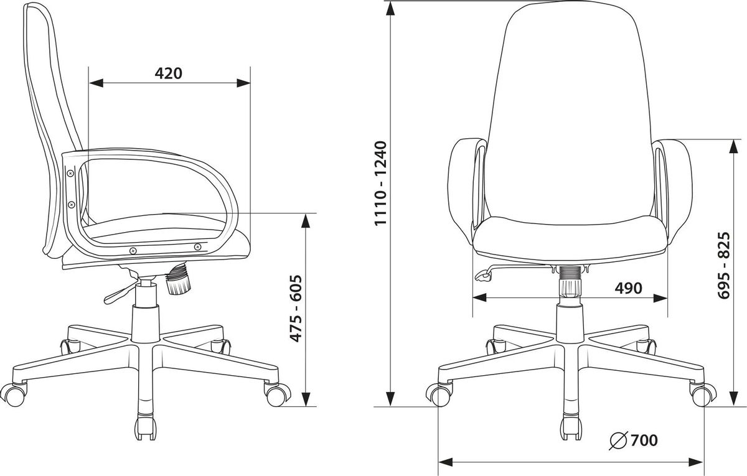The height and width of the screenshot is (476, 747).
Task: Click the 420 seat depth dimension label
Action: pos(169,73)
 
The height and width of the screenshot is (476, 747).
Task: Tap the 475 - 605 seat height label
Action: pos(296,309)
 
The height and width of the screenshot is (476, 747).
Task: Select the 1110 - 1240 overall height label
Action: pos(380,184)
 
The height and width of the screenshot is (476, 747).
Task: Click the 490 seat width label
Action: pos(628,288)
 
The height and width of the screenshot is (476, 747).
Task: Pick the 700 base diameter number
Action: pos(644,441)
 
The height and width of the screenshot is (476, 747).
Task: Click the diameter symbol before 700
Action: pos(619,441)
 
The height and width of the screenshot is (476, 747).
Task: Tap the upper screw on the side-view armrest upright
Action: pos(70,174)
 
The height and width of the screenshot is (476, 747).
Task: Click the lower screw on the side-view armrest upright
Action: pos(71,204)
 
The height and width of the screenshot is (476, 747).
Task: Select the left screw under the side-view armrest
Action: pos(133,250)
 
